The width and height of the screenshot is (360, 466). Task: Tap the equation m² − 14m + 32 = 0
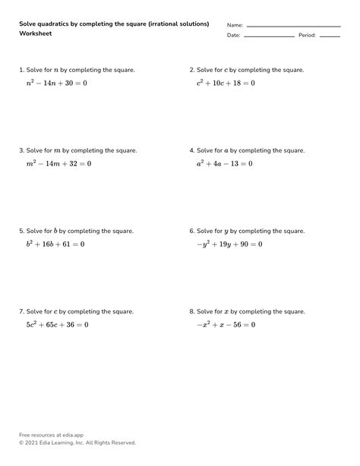click(x=58, y=163)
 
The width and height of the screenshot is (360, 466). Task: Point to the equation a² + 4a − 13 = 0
click(x=224, y=163)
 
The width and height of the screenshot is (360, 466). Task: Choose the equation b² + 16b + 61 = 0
click(x=55, y=244)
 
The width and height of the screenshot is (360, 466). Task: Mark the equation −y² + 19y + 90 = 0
click(x=229, y=244)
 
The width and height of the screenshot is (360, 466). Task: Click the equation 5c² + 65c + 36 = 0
click(x=57, y=325)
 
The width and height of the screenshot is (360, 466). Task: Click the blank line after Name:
click(x=293, y=26)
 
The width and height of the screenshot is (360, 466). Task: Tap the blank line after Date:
click(x=269, y=36)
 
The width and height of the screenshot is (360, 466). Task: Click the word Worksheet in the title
click(x=36, y=34)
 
